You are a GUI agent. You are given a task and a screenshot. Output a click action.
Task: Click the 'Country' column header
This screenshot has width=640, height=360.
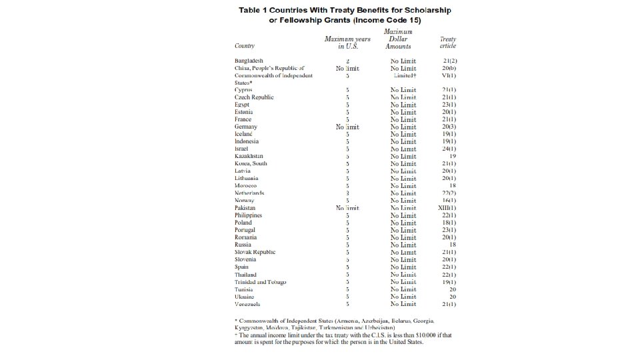tap(244, 46)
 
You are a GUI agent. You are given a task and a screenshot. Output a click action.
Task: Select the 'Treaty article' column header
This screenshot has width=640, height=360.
tap(447, 43)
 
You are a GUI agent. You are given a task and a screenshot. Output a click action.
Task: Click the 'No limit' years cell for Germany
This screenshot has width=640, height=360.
tap(347, 127)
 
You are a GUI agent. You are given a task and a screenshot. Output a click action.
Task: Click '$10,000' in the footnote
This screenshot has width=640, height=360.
tap(397, 335)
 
